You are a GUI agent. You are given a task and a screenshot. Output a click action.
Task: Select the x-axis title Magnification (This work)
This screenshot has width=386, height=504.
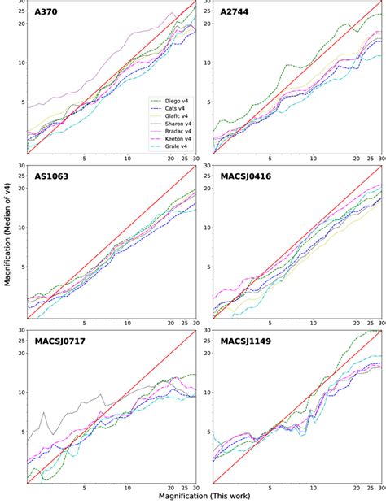[193, 496]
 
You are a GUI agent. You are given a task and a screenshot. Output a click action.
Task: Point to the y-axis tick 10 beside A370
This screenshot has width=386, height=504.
[21, 63]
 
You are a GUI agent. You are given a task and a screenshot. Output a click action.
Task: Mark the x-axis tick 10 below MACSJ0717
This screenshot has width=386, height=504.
[126, 488]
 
